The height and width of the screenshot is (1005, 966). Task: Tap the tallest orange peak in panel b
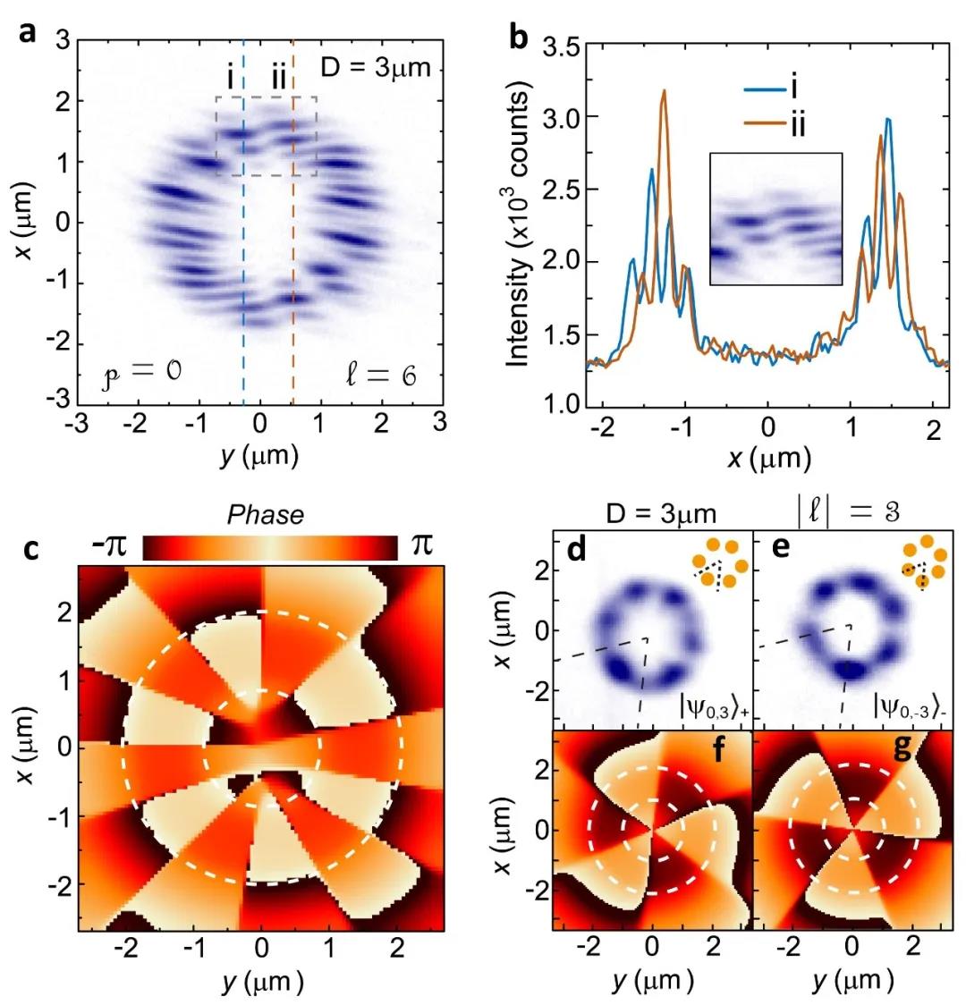664,91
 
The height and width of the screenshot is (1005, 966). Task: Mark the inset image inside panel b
775,219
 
